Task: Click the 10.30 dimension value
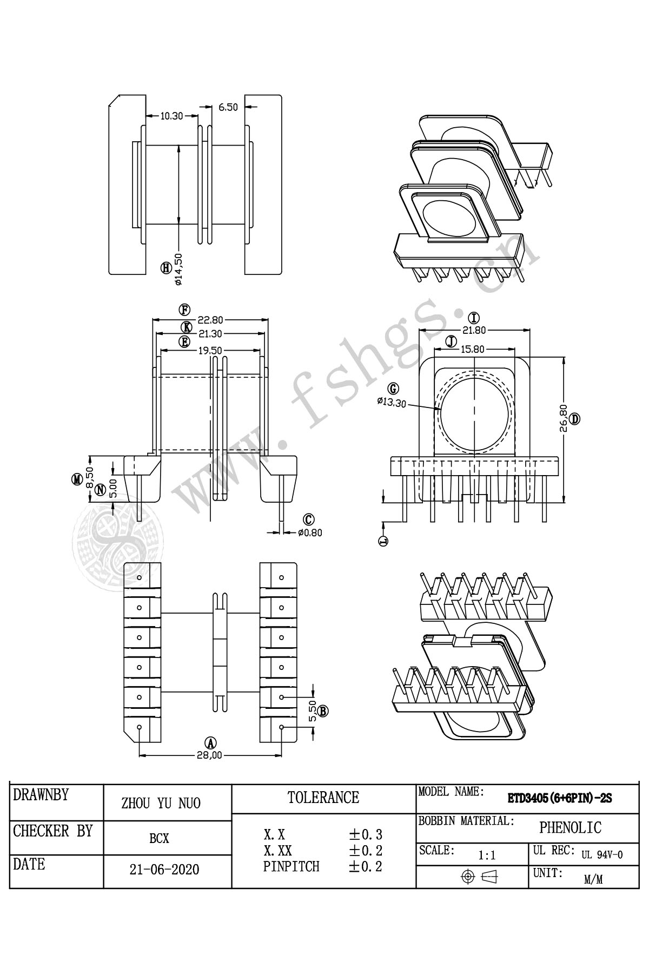click(x=172, y=115)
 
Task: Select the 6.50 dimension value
click(x=228, y=107)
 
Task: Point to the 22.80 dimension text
click(x=209, y=320)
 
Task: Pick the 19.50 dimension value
click(x=209, y=350)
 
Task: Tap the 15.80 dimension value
click(x=472, y=349)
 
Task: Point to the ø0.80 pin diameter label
click(x=310, y=532)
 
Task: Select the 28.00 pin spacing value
click(x=210, y=755)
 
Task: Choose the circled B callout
click(x=323, y=711)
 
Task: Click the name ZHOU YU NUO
click(x=161, y=804)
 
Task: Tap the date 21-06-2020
click(x=164, y=870)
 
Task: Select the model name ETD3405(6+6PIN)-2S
click(x=559, y=798)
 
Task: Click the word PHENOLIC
click(x=570, y=827)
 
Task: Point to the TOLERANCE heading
click(x=323, y=798)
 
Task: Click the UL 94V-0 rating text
click(x=602, y=855)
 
